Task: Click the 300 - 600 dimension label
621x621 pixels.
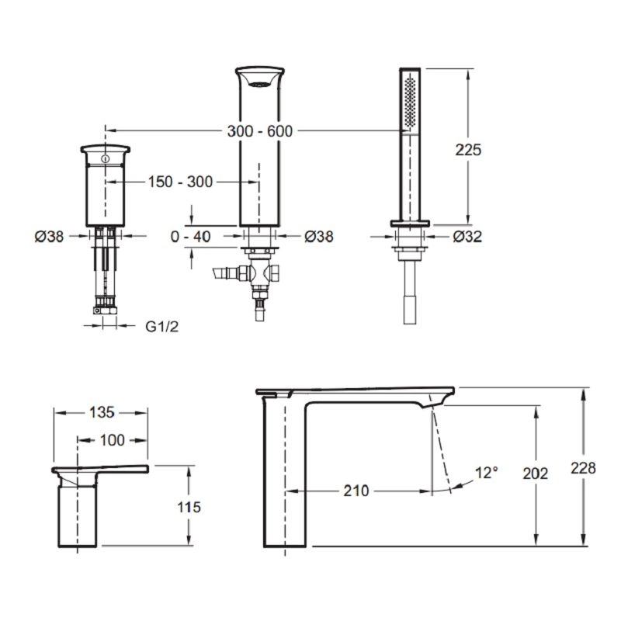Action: point(260,131)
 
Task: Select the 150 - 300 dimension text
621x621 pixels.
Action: point(181,182)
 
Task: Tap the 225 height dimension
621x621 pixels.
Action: point(468,150)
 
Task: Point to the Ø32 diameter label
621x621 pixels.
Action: point(468,237)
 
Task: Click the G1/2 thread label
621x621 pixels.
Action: point(162,326)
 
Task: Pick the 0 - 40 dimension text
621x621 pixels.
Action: point(190,237)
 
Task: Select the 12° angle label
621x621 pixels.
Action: point(487,473)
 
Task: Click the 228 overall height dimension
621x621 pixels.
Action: point(583,468)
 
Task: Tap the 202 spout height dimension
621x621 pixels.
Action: point(535,474)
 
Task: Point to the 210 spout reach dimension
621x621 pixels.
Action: point(356,491)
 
